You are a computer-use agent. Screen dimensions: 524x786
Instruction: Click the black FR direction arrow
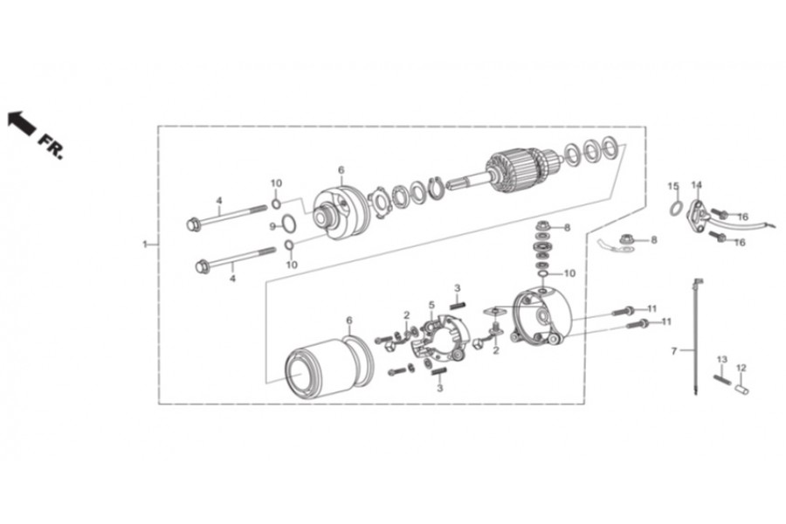click(x=21, y=122)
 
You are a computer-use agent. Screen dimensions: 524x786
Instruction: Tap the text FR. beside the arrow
click(x=51, y=145)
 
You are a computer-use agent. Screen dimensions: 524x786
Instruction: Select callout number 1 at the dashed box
click(x=145, y=245)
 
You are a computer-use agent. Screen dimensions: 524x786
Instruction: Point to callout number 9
click(x=272, y=226)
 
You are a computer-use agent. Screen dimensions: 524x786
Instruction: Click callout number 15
click(x=673, y=186)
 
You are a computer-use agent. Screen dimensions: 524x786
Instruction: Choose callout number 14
click(x=696, y=185)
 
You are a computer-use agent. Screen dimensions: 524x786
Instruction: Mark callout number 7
click(x=674, y=351)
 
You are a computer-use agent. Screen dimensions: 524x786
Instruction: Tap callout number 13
click(x=722, y=360)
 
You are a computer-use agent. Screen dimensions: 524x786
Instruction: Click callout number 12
click(x=741, y=368)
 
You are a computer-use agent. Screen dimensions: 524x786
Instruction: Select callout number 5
click(x=431, y=305)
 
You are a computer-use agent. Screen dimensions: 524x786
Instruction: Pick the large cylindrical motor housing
click(x=325, y=367)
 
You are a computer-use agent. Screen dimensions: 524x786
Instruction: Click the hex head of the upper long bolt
click(x=194, y=224)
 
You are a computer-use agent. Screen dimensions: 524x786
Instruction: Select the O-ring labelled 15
click(x=676, y=208)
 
